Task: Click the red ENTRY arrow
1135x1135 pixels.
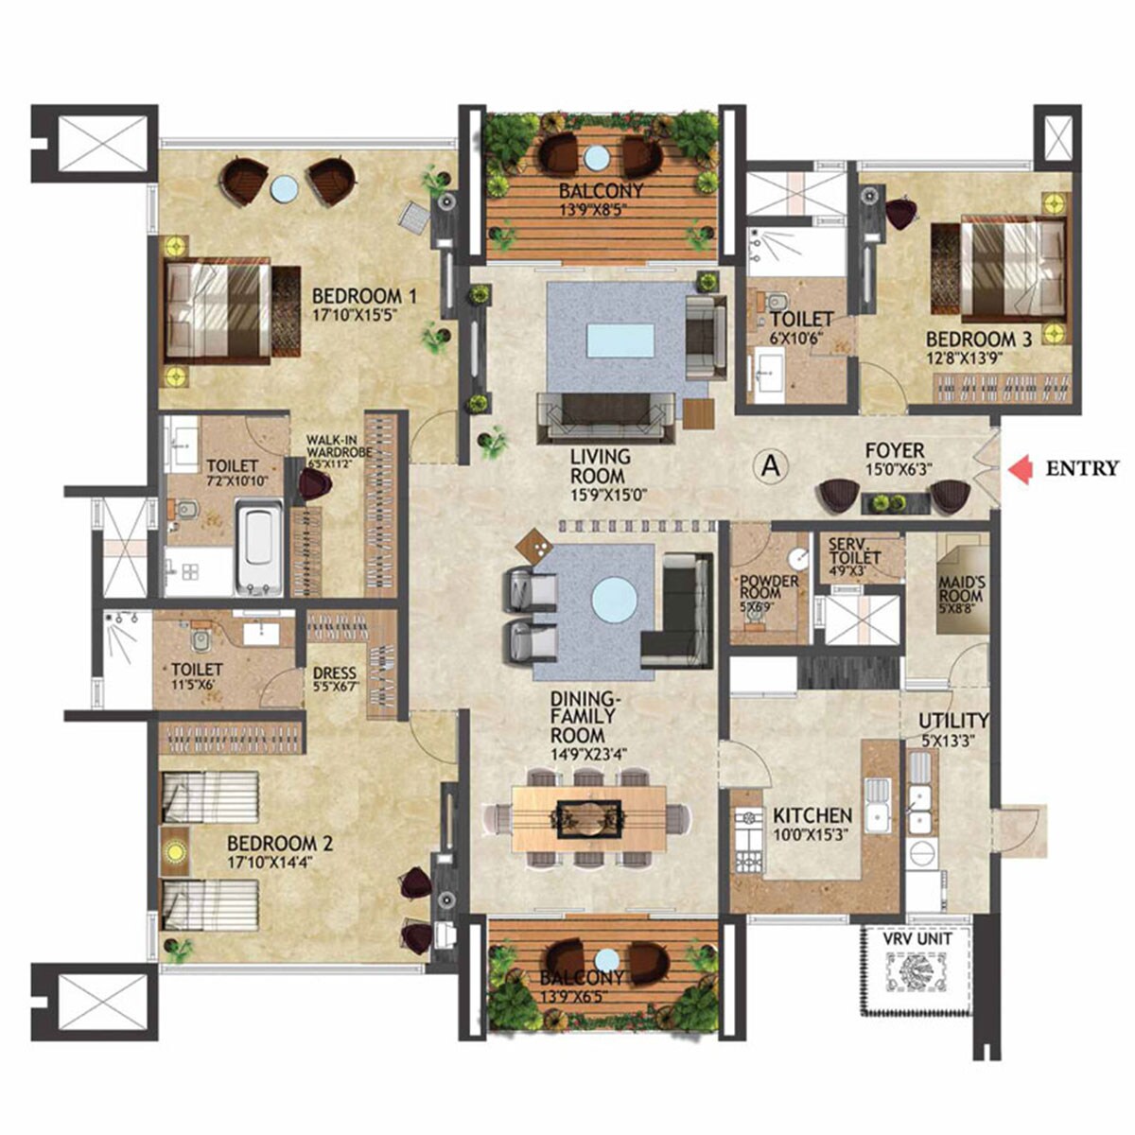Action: [1021, 470]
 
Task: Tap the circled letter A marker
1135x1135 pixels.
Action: [772, 465]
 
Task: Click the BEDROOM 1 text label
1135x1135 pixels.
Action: [364, 294]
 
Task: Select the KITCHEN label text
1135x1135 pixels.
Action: [812, 815]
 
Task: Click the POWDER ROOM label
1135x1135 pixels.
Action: [768, 586]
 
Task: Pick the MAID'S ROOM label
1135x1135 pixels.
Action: [960, 588]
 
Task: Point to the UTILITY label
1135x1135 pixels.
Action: [953, 721]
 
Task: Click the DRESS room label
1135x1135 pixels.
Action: [335, 675]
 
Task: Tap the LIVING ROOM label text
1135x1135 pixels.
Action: [600, 467]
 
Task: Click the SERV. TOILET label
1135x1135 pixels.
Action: [854, 551]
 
